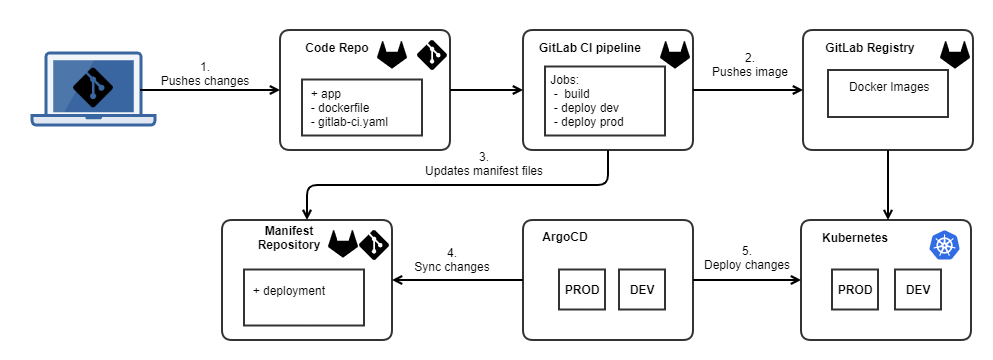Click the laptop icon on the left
(93, 90)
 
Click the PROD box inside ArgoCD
(582, 289)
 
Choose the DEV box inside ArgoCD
(641, 289)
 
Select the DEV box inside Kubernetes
(918, 290)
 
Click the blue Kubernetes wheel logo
(944, 245)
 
